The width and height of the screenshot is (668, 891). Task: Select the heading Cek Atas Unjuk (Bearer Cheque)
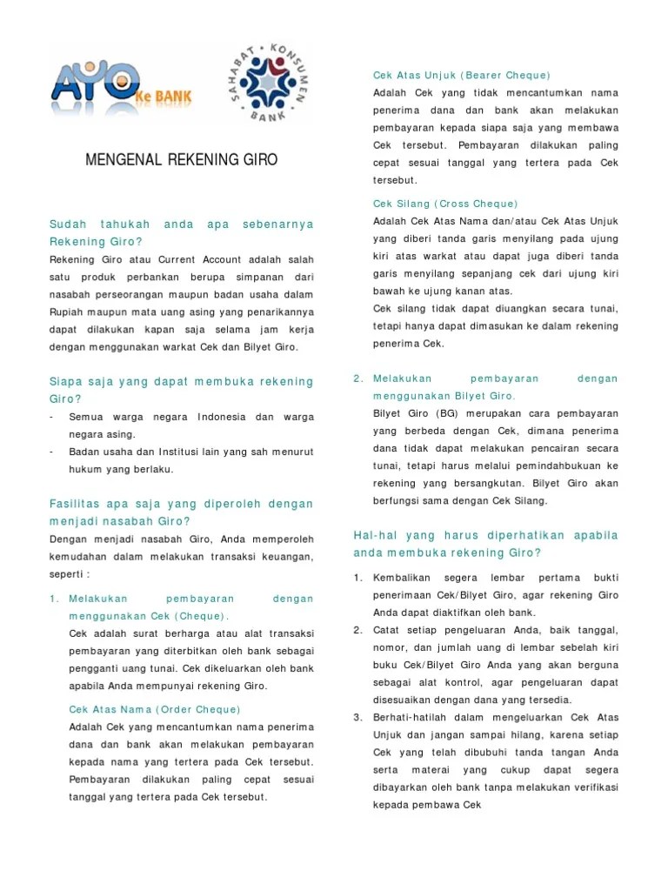461,76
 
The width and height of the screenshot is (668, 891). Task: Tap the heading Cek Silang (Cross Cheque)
445,204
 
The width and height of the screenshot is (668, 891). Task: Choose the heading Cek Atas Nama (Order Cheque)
154,709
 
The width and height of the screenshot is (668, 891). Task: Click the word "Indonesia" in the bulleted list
222,417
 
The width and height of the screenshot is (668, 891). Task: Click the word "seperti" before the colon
68,574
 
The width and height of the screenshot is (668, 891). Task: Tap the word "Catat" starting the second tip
385,630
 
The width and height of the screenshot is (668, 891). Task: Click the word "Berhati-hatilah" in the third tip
411,717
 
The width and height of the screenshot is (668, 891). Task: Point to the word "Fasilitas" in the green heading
74,504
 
